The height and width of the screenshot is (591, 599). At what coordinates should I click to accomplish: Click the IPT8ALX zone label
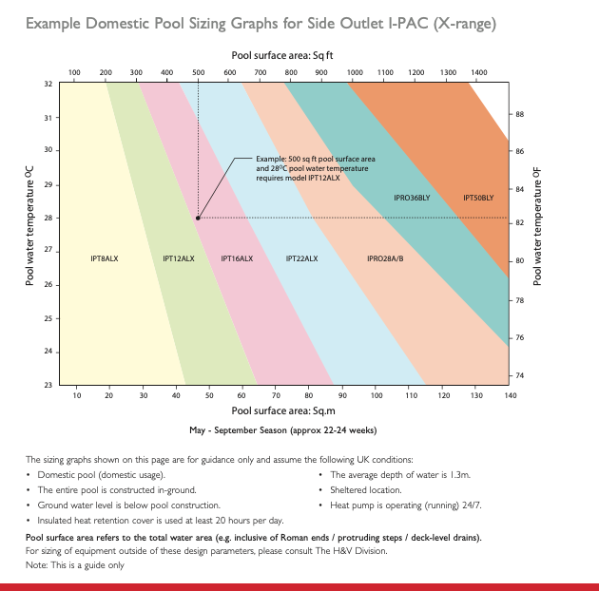(105, 257)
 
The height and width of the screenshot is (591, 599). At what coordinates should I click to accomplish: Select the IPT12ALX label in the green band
(179, 257)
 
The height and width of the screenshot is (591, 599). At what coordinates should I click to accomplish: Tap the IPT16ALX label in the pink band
(237, 257)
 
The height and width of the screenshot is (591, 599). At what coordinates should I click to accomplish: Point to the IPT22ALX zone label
(301, 257)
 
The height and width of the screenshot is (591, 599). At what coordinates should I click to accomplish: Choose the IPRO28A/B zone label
(385, 257)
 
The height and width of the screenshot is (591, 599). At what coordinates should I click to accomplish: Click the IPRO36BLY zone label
(413, 198)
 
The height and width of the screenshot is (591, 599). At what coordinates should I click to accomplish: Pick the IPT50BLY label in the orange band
(478, 198)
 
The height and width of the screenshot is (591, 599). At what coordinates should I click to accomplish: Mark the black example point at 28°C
(198, 218)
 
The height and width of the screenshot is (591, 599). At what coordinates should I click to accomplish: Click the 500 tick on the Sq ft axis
(199, 72)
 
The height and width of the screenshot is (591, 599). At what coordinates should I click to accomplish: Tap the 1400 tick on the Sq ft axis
(478, 72)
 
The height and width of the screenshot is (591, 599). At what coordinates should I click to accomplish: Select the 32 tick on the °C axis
(48, 84)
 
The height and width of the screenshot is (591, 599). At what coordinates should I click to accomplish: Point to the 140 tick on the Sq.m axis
(510, 394)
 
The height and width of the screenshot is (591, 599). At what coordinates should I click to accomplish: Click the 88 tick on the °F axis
(520, 115)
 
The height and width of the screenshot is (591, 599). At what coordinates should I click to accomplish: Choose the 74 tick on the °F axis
(520, 375)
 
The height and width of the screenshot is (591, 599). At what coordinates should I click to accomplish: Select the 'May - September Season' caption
(283, 429)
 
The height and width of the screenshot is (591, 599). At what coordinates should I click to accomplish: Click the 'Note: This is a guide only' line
(75, 565)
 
